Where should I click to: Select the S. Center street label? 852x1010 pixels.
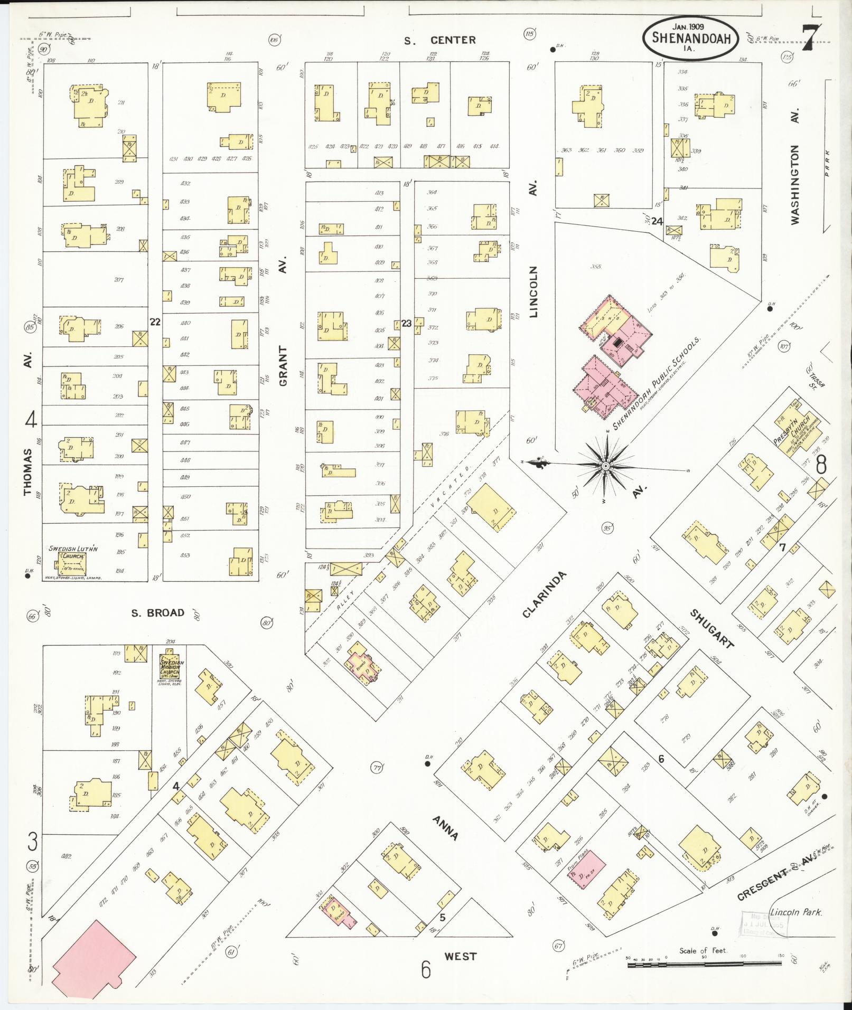(440, 40)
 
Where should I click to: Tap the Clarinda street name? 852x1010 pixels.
(544, 594)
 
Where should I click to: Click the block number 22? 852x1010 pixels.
(155, 322)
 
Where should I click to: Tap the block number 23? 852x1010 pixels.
(406, 323)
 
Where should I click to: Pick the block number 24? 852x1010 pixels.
(657, 221)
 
